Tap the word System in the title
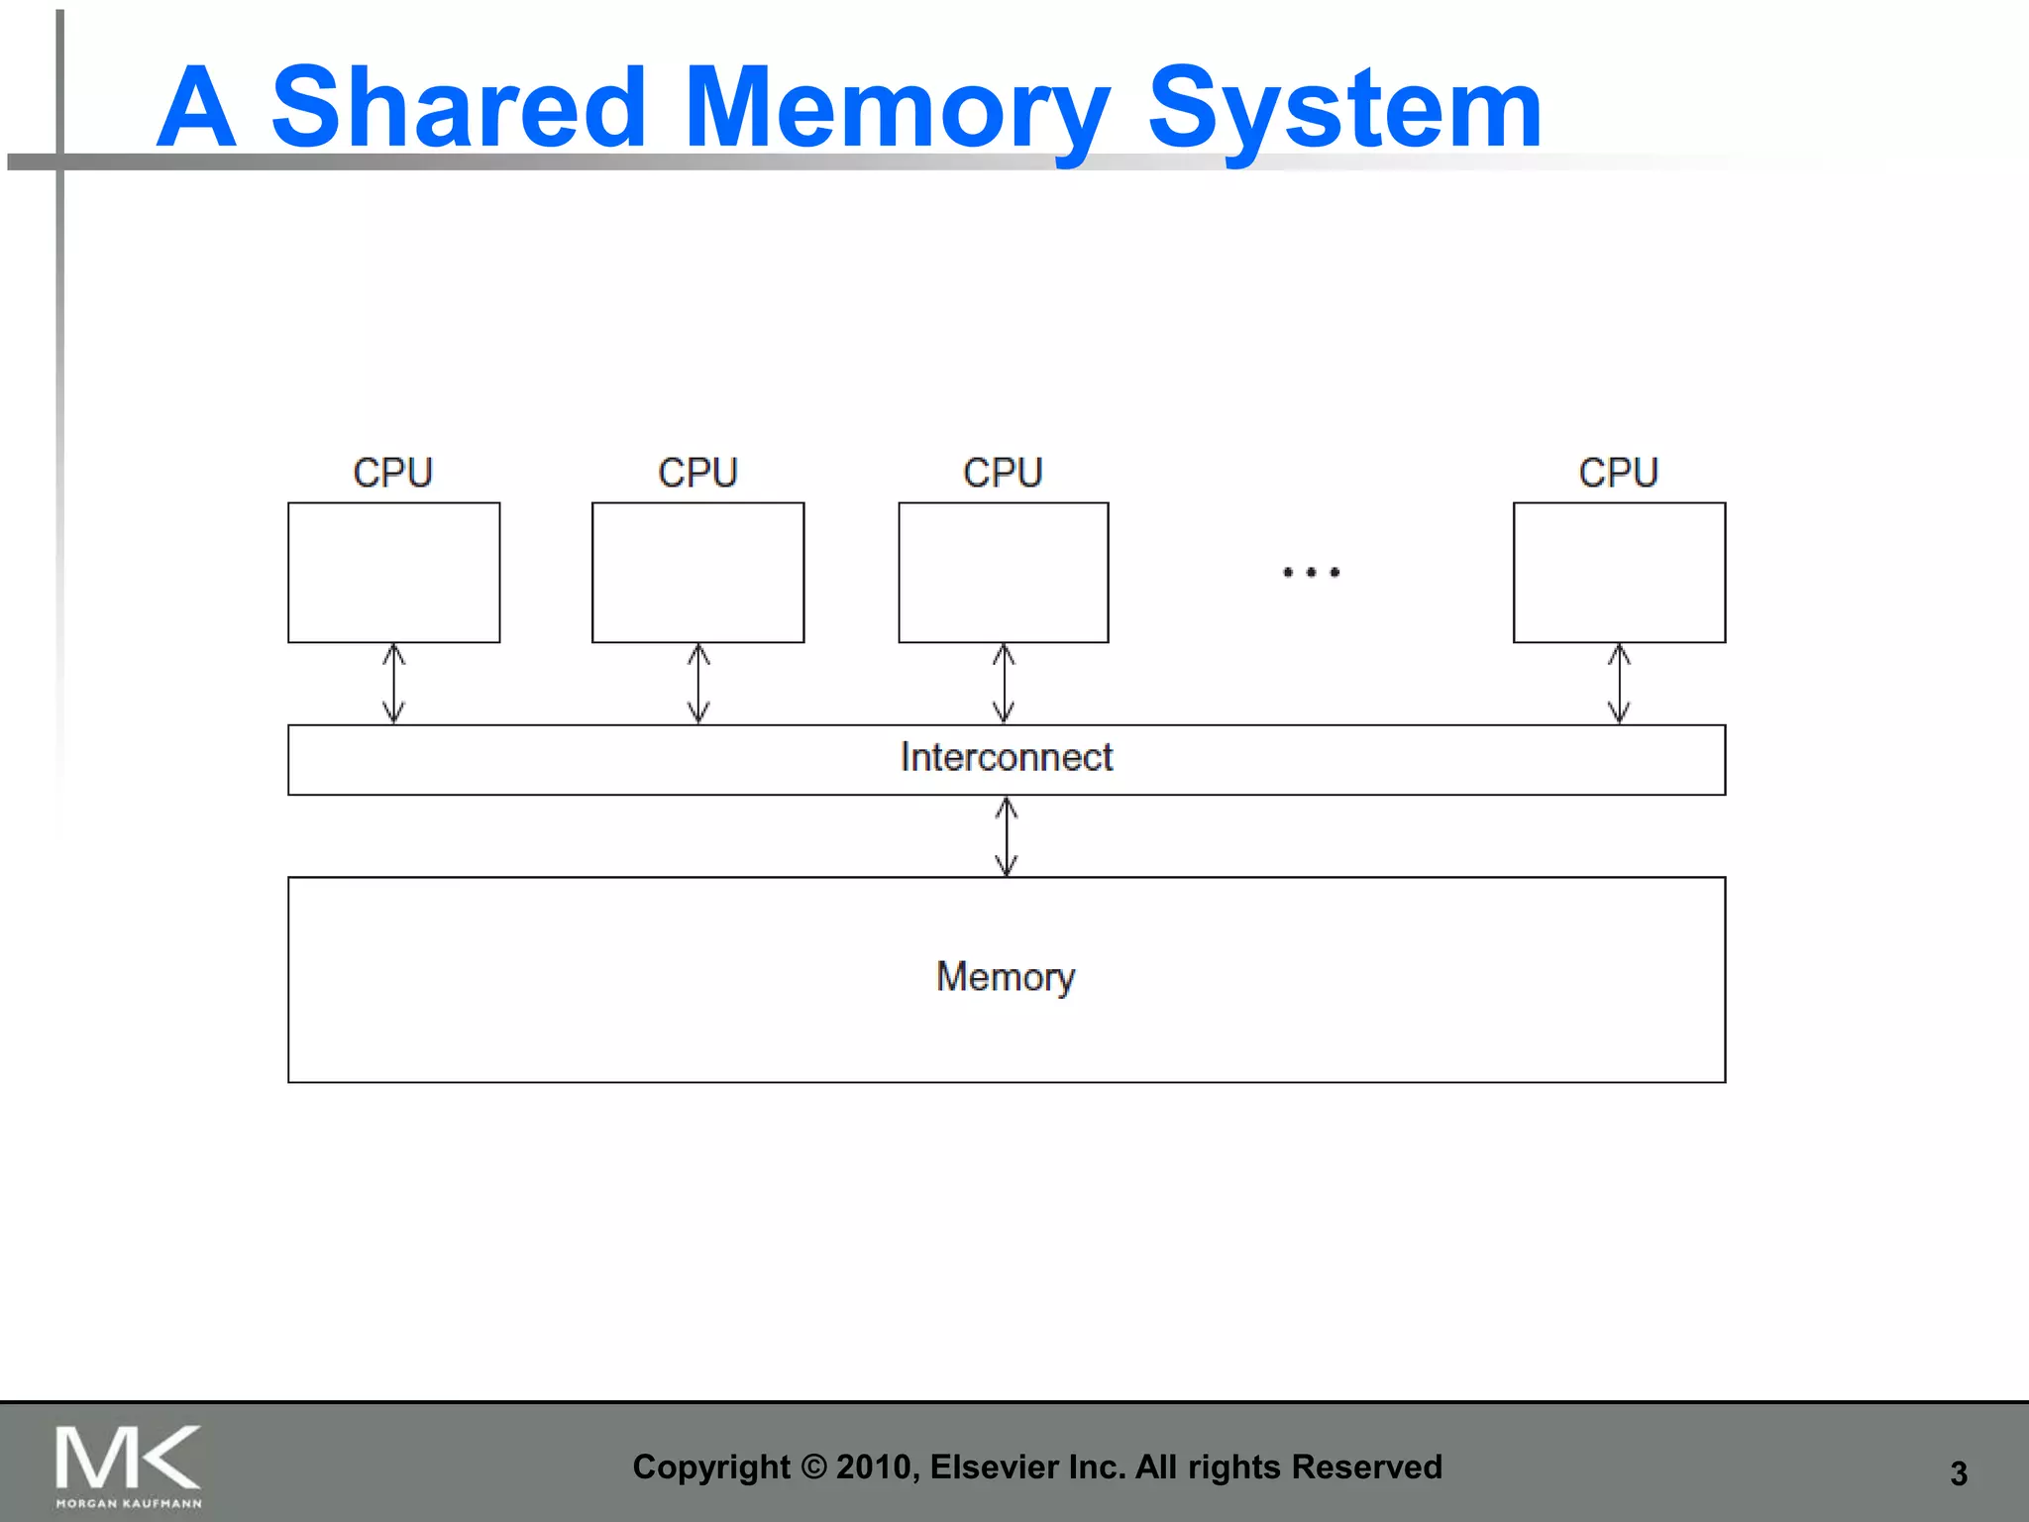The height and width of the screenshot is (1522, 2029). tap(1344, 109)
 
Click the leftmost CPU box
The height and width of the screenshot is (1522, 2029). tap(393, 573)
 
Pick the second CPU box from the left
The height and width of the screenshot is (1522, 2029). tap(697, 573)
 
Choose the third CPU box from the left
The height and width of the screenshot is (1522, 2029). tap(1003, 573)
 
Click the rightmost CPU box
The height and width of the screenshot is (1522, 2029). tap(1619, 573)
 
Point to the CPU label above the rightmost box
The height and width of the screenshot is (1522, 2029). tap(1618, 473)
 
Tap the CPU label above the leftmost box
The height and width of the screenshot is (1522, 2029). tap(392, 473)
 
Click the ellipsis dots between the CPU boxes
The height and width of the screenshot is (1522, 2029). tap(1311, 572)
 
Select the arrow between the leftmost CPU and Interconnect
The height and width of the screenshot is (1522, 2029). tap(393, 684)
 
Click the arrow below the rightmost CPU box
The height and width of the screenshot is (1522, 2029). tap(1619, 684)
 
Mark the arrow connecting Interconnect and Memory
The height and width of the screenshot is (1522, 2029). tap(1007, 836)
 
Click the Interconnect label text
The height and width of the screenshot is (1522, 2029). tap(1007, 757)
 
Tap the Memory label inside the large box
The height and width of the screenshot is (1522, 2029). tap(1006, 977)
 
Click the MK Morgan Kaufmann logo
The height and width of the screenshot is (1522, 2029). tap(128, 1465)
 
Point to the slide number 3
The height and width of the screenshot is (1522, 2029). tap(1958, 1473)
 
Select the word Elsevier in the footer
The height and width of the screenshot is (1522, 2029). tap(994, 1467)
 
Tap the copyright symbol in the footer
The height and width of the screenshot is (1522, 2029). tap(812, 1467)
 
